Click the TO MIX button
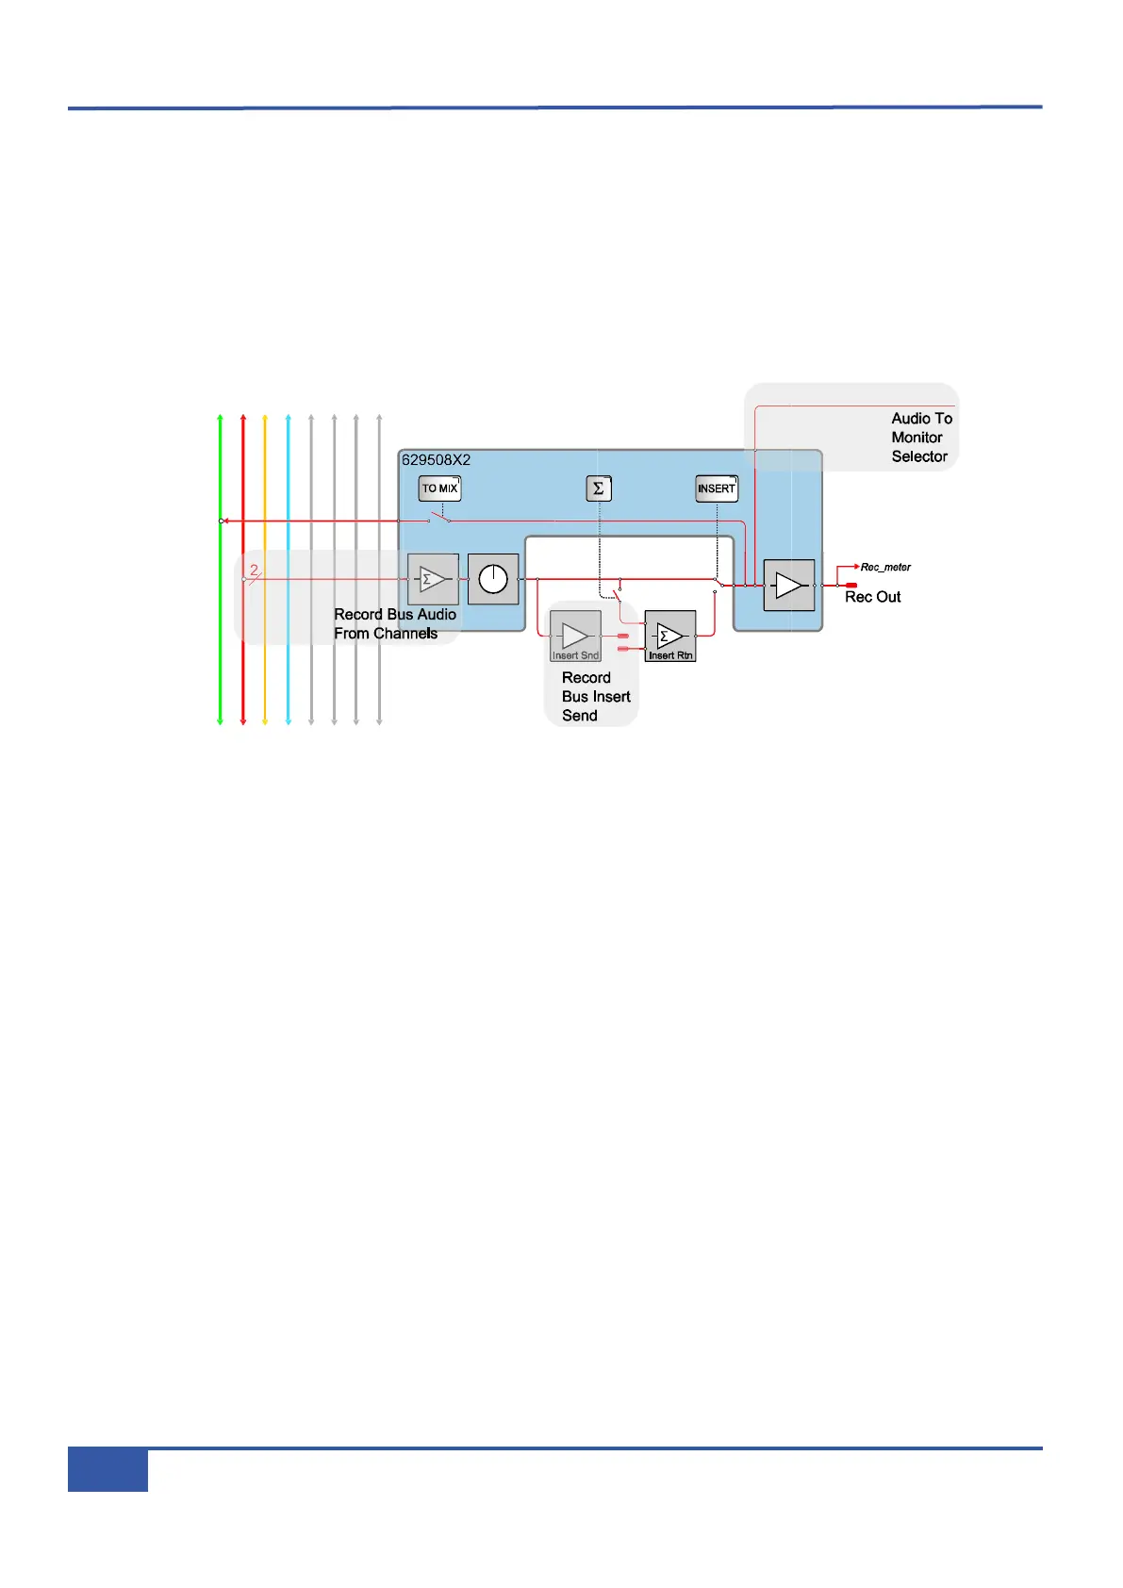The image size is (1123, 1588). [439, 488]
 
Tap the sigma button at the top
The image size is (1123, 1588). [599, 488]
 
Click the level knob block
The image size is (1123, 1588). [493, 579]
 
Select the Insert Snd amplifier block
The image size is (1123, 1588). [575, 637]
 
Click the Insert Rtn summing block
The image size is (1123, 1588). [670, 637]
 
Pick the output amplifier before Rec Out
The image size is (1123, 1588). [789, 586]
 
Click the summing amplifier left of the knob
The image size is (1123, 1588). [433, 579]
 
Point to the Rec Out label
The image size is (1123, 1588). [872, 597]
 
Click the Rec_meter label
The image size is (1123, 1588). [885, 568]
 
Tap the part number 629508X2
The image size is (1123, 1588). [437, 460]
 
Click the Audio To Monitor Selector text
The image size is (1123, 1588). [920, 438]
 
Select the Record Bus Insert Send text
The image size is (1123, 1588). [594, 697]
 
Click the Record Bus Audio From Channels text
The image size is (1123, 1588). [394, 624]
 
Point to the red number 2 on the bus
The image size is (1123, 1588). [254, 570]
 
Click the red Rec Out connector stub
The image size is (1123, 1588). [851, 586]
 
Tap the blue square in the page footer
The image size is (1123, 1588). [107, 1470]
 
